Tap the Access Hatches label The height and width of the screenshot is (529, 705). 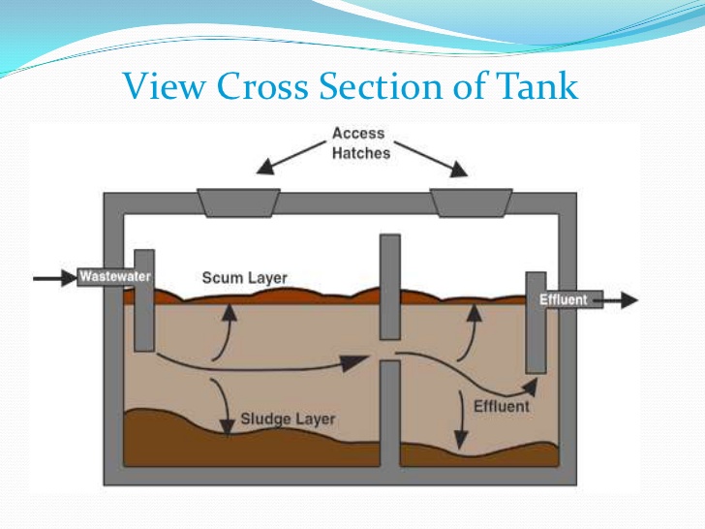(359, 143)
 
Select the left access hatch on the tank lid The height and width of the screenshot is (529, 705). (238, 202)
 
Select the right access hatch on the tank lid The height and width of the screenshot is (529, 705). (472, 202)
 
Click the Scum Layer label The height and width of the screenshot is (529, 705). (245, 278)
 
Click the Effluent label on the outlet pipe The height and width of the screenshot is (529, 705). (563, 299)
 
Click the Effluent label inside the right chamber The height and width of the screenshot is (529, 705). (502, 406)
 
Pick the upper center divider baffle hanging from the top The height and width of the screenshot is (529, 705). (389, 286)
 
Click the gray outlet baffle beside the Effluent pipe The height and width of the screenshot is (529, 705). (535, 329)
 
